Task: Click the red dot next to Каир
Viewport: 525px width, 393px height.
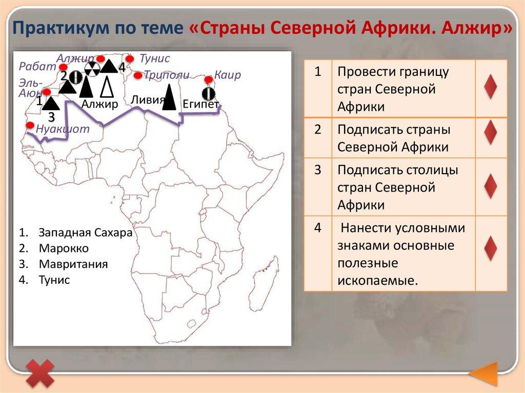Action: [209, 79]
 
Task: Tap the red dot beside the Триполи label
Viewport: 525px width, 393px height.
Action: [137, 75]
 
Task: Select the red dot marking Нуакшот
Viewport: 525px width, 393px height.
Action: [30, 125]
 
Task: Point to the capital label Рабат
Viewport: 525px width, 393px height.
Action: [37, 66]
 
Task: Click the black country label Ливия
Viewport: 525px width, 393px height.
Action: [148, 99]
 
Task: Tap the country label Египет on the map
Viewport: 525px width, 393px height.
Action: [200, 104]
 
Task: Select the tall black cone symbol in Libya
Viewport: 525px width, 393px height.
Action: [169, 97]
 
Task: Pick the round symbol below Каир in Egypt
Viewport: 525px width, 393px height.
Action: [209, 93]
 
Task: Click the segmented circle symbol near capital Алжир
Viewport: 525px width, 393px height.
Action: [92, 70]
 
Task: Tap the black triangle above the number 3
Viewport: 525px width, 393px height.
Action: [51, 103]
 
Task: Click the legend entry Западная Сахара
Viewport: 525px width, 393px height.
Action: [86, 232]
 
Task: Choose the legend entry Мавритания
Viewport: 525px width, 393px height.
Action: [73, 264]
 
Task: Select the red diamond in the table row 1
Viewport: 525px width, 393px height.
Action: [491, 87]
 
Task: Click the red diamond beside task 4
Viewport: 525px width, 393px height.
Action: [491, 248]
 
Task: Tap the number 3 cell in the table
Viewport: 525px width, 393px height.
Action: [318, 170]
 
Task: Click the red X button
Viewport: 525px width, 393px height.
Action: [40, 374]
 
